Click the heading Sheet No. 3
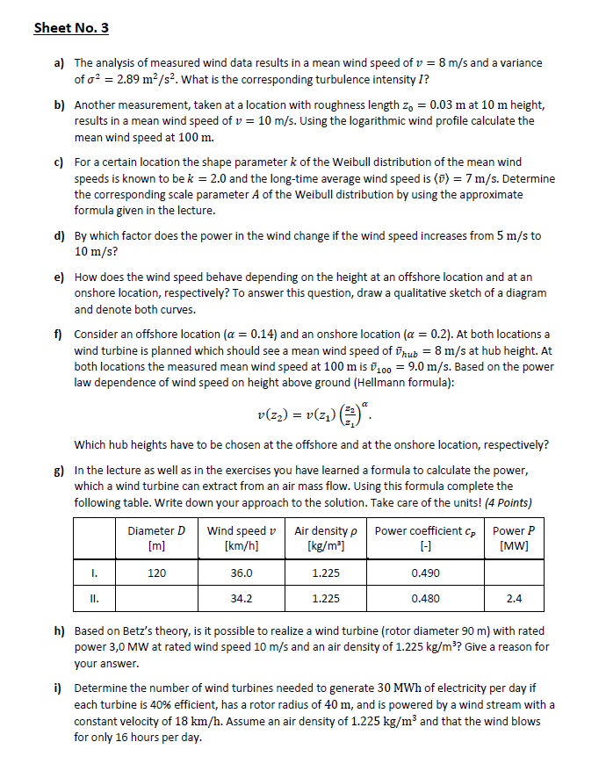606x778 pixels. click(71, 27)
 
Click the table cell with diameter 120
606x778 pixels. click(157, 573)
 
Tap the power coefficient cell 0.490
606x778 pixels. click(425, 573)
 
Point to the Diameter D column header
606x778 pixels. click(157, 537)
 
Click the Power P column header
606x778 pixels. click(514, 537)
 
